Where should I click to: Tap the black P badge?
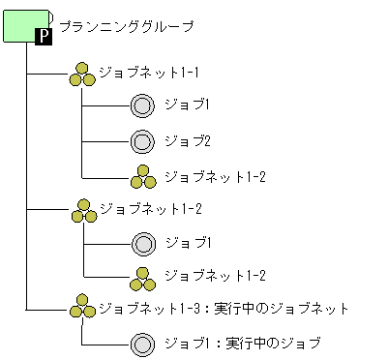pos(44,36)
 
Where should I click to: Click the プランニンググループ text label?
pos(126,26)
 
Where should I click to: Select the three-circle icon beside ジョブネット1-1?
pos(83,75)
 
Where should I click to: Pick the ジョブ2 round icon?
pos(142,141)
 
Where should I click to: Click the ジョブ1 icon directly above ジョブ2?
pos(142,105)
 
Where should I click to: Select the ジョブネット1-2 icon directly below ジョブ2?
pos(142,177)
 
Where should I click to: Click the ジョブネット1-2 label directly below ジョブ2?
pos(215,177)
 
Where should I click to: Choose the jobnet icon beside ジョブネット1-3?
pos(83,310)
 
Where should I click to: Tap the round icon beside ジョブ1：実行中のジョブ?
pos(142,344)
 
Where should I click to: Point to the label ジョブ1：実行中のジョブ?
pos(242,344)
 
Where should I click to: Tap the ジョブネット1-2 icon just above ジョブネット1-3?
pos(142,277)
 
